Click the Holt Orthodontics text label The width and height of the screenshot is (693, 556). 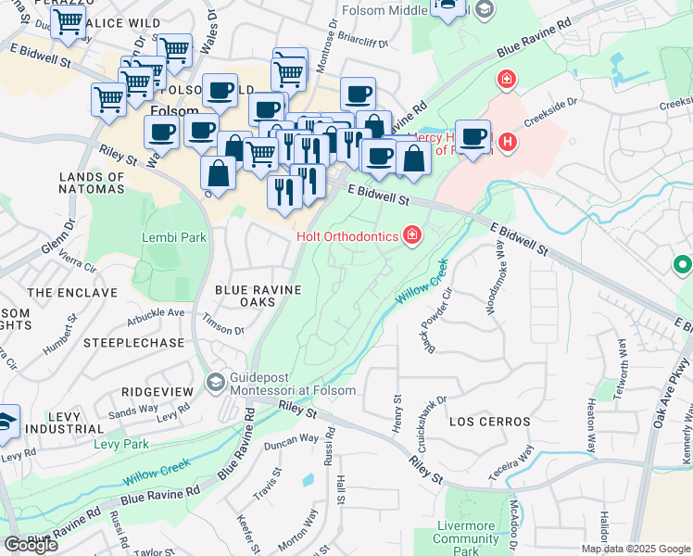point(347,236)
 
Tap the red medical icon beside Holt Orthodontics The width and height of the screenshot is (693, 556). point(411,237)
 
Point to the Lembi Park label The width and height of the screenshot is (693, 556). point(173,237)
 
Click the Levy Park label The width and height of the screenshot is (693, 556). point(120,444)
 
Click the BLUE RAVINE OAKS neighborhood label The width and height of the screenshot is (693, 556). point(258,297)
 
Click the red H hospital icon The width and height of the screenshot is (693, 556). point(507,142)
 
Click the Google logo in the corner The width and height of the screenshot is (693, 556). point(31,545)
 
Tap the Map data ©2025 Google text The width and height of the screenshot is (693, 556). point(636,549)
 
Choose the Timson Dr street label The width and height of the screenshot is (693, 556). point(224,330)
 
